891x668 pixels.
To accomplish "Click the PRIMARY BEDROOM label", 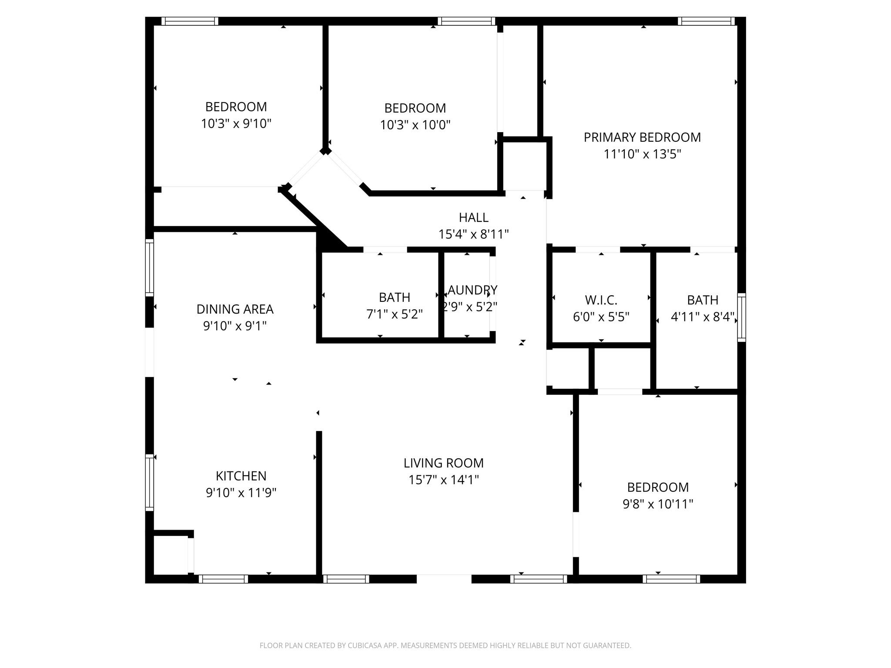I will pos(642,137).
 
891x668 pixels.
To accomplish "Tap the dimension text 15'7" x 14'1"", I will pos(443,480).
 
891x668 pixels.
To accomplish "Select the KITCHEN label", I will pos(241,476).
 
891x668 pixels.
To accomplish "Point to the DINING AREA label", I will pos(235,309).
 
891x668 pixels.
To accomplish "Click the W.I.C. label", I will pos(601,300).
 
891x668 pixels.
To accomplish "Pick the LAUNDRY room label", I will pos(470,290).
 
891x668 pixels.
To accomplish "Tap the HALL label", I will pos(473,217).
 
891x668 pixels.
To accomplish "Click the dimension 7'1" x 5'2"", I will pos(394,314).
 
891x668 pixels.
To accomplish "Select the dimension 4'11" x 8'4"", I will pos(702,317).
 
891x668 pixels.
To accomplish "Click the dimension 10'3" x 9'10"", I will pos(236,124).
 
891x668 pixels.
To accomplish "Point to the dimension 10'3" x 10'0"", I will pos(415,125).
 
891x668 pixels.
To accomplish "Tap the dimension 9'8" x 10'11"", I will pos(657,504).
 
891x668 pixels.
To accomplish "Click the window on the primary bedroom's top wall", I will pos(706,21).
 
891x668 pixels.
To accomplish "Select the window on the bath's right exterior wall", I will pos(741,317).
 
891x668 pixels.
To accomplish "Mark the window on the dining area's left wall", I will pos(149,267).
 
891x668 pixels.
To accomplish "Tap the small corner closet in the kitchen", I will pos(171,555).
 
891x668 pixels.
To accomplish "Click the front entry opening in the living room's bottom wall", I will pos(444,579).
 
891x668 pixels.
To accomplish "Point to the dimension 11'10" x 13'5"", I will pos(642,154).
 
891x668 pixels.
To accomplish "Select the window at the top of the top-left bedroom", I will pos(190,21).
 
